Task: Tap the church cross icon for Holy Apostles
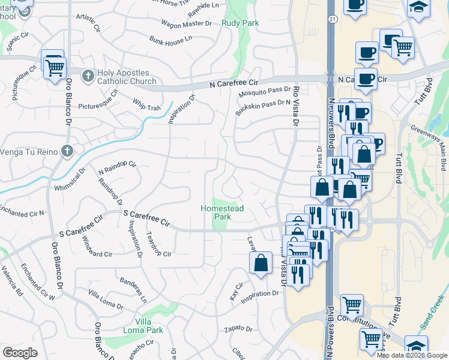point(88,76)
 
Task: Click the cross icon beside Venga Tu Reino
point(67,151)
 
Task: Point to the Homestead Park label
point(221,212)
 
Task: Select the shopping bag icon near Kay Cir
point(261,263)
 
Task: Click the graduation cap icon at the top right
point(418,7)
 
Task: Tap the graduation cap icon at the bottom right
point(416,347)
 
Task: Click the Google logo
point(20,353)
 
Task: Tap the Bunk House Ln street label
point(170,38)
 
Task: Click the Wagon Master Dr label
point(187,23)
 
